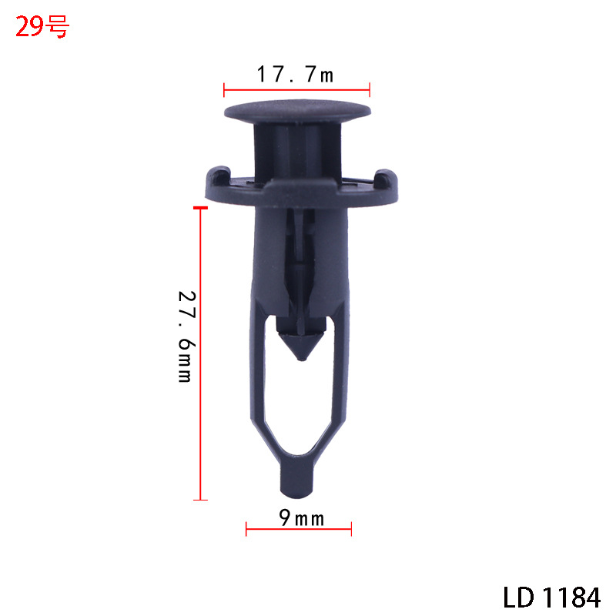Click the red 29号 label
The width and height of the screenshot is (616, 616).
tap(42, 27)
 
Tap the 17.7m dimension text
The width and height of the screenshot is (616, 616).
tap(295, 74)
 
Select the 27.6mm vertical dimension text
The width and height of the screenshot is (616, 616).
tap(186, 336)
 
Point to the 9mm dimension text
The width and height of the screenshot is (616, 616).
tap(302, 517)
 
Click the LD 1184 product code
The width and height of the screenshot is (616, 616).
tap(552, 598)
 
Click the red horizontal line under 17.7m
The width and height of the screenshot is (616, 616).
tap(296, 90)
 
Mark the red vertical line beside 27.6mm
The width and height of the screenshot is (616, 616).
tap(200, 353)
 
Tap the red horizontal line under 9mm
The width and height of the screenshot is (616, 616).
tap(299, 529)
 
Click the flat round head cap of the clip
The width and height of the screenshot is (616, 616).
tap(297, 111)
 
